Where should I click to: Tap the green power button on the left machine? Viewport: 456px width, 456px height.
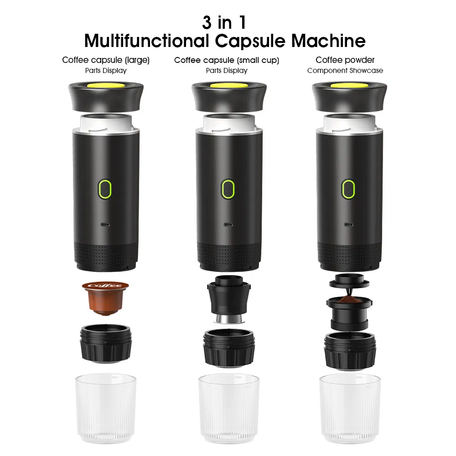coord(105,188)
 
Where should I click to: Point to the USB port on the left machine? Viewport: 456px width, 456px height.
coord(105,224)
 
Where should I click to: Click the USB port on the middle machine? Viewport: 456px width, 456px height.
coord(227,224)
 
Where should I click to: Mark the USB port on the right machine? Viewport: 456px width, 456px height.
coord(349,224)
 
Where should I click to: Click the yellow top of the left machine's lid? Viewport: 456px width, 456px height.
coord(106,85)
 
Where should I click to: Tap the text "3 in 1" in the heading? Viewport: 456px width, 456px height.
coord(224,22)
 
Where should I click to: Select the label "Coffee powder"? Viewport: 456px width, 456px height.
coord(345,60)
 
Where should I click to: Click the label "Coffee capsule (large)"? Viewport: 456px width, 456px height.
coord(106,60)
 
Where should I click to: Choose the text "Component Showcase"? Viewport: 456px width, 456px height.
coord(345,71)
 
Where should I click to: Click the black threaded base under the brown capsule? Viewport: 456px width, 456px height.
coord(105,344)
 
